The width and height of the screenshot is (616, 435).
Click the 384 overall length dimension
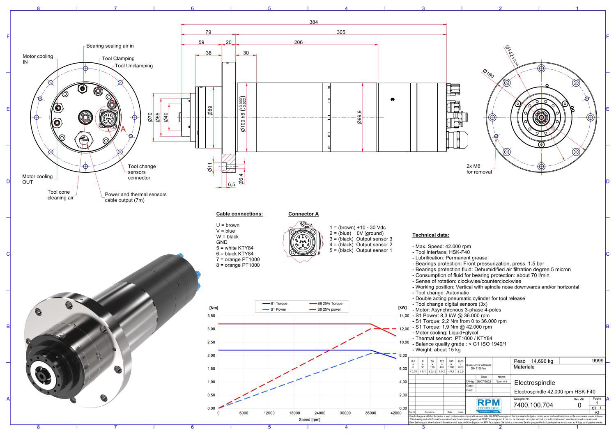313,22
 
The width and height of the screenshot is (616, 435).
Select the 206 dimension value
299,42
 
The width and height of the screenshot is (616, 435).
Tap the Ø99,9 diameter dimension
360,117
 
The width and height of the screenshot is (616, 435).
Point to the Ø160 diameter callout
488,74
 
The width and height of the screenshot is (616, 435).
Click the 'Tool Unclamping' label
134,66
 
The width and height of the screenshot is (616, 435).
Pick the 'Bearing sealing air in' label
110,46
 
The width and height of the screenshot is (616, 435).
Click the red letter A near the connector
123,129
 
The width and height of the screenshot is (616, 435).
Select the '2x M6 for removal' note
479,169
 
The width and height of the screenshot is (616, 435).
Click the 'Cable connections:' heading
239,214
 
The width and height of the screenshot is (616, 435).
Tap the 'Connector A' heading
303,214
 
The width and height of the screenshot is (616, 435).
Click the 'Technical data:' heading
431,235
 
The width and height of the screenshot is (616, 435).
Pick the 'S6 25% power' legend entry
329,309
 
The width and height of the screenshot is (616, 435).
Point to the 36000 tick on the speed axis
370,413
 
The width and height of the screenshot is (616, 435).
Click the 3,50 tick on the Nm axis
211,316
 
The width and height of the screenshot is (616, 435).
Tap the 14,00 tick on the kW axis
404,316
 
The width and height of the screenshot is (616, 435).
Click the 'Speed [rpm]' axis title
310,420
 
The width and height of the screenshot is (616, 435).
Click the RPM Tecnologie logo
489,405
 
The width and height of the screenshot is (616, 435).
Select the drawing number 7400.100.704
533,405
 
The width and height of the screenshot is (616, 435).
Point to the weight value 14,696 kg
542,361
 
